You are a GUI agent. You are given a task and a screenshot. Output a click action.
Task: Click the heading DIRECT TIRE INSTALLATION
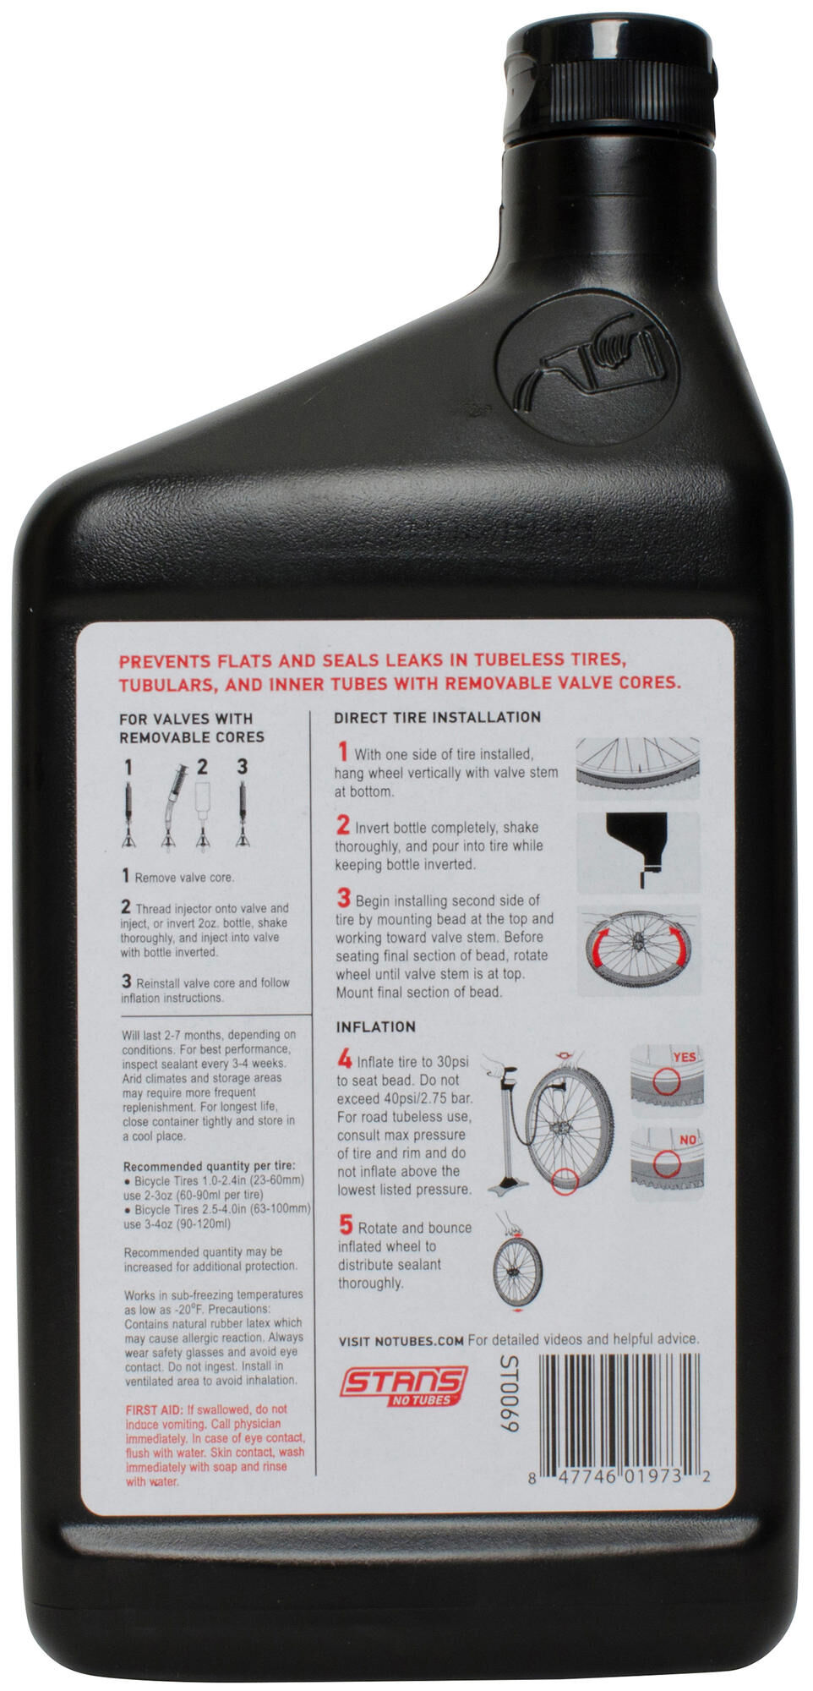click(437, 717)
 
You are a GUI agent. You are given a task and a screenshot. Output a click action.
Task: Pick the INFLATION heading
click(376, 1026)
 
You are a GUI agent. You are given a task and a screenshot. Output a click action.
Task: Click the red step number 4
click(345, 1059)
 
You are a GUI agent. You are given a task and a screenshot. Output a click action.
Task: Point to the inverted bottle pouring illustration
click(638, 850)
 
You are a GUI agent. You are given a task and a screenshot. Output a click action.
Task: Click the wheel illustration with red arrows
click(638, 951)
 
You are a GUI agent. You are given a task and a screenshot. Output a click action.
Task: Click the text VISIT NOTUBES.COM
click(401, 1340)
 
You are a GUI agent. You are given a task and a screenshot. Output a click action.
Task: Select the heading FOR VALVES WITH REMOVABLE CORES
click(191, 728)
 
